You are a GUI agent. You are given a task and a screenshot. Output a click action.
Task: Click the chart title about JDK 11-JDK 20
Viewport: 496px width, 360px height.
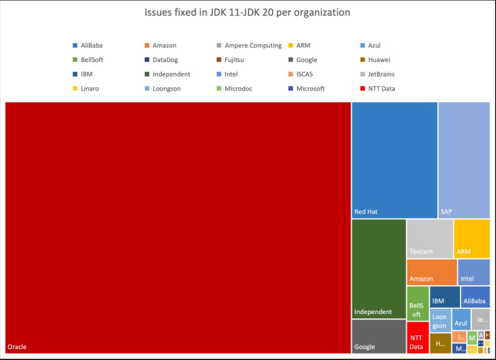(x=247, y=12)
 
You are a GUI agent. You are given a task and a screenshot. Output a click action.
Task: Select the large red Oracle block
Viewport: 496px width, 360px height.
(x=178, y=227)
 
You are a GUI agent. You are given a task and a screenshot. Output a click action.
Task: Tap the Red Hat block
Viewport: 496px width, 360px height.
(x=394, y=160)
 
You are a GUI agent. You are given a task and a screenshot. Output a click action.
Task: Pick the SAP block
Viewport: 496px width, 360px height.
(x=463, y=160)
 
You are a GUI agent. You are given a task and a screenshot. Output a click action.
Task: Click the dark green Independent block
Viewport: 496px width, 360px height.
(x=379, y=269)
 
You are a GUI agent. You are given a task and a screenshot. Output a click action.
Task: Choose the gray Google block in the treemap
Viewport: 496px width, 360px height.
(x=379, y=336)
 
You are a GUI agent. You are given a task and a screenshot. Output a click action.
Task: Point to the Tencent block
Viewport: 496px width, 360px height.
(x=429, y=239)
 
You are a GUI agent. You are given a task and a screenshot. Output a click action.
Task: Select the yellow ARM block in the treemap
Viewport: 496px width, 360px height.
(x=471, y=239)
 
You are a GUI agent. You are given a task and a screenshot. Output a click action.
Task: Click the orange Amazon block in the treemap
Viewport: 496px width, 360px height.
(x=431, y=272)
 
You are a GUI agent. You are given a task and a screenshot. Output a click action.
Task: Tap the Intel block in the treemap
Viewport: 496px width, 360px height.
(x=473, y=272)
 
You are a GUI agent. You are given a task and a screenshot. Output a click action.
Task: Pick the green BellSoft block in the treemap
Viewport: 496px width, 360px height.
(x=417, y=304)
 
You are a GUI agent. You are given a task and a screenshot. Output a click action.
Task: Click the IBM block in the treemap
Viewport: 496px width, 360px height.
(x=444, y=296)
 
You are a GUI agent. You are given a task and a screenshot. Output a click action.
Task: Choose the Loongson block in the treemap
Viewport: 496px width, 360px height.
(x=440, y=320)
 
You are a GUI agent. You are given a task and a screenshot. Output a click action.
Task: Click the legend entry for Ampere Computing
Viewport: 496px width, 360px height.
(x=253, y=45)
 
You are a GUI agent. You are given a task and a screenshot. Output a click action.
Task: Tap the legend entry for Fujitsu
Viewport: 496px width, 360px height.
(x=234, y=60)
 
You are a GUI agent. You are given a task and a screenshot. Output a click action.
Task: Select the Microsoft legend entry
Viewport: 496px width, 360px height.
(x=310, y=89)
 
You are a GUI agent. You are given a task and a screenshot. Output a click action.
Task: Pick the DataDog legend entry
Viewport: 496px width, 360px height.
(x=165, y=60)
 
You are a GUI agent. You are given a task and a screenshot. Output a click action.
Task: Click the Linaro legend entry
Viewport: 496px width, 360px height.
(x=89, y=89)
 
